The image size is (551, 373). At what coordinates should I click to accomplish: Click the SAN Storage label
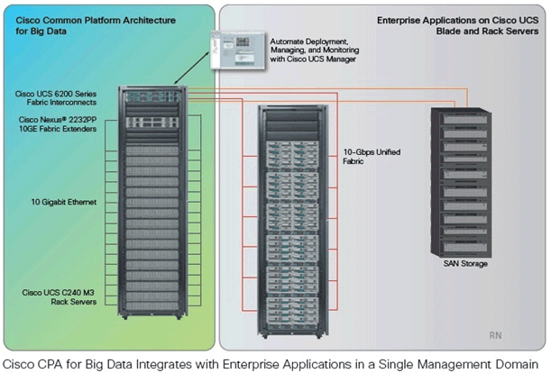click(x=464, y=263)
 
